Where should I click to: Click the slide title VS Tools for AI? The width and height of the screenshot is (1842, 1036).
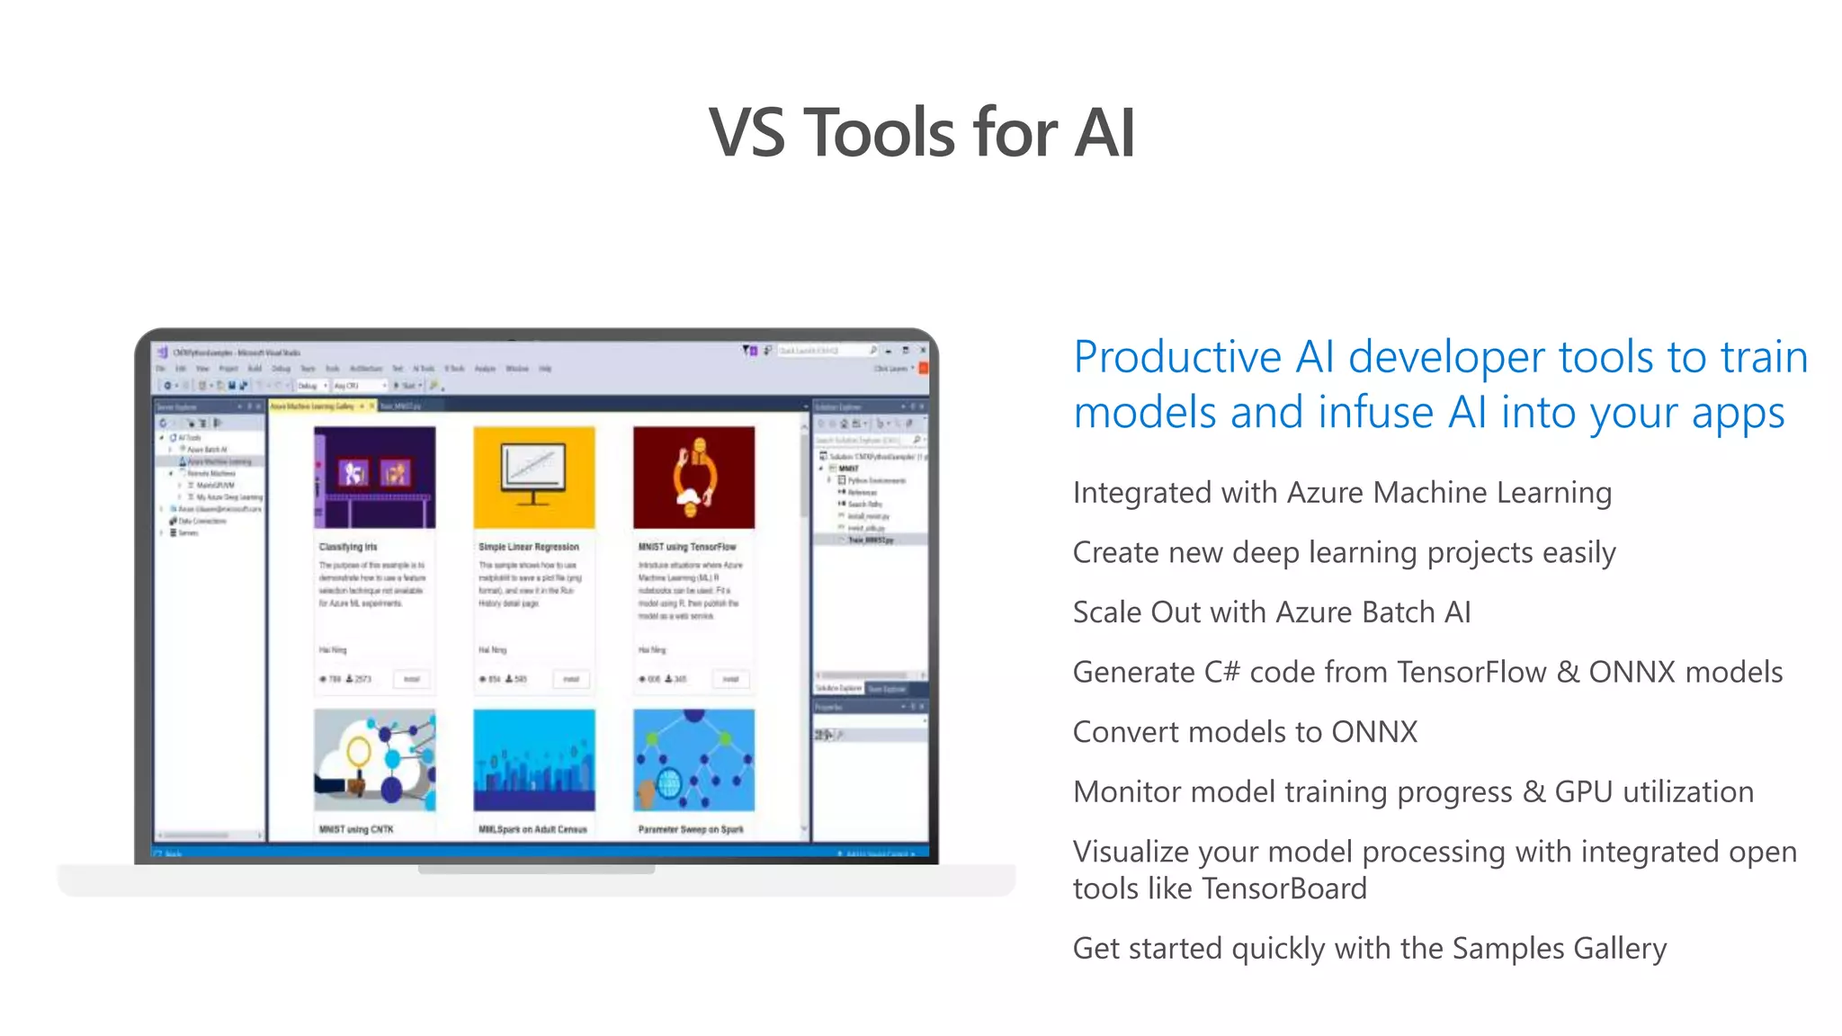pos(921,133)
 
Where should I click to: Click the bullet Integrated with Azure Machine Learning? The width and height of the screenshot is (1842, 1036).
pos(1342,493)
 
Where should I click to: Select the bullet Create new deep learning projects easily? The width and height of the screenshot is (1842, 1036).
pos(1344,552)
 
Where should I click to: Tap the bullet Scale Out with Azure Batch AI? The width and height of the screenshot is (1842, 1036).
pos(1272,612)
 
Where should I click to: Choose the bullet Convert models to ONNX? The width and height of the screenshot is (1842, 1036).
pos(1245,732)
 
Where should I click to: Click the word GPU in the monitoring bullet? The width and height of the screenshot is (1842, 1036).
pos(1583,792)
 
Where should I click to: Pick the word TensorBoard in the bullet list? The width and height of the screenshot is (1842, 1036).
pos(1284,889)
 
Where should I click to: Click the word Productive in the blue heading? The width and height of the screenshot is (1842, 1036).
pos(1179,357)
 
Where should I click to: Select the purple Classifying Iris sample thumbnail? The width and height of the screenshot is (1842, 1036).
pos(374,478)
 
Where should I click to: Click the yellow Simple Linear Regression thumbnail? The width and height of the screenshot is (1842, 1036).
pos(533,478)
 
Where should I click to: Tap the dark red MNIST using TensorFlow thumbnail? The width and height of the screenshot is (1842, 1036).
pos(693,478)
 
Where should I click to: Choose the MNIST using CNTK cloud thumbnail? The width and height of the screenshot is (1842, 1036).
pos(374,760)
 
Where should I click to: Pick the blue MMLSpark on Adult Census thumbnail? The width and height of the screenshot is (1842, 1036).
pos(533,760)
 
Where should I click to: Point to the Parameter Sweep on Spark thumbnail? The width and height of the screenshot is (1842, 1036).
pos(693,760)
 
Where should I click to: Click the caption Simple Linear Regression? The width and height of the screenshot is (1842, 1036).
pos(529,547)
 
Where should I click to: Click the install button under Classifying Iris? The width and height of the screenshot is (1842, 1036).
pos(412,679)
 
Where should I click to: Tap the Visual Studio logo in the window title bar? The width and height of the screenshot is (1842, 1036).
pos(163,352)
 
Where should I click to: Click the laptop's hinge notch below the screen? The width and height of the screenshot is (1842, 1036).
pos(536,870)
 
